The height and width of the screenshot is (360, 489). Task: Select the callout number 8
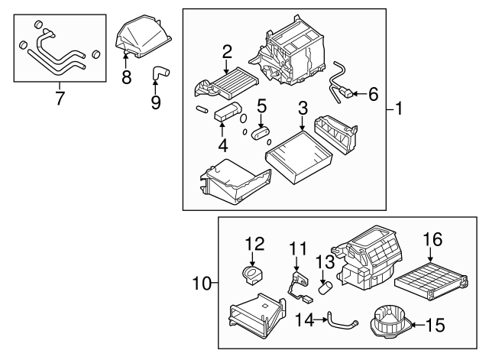point(126,76)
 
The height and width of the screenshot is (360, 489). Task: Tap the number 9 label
point(156,102)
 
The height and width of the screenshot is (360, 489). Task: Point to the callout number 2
point(227,53)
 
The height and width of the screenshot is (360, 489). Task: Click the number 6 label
point(373,95)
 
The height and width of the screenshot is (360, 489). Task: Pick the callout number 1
point(399,110)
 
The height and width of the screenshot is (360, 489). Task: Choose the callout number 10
point(201,284)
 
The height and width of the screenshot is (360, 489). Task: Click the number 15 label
point(434,326)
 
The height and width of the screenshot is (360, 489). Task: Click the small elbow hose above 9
point(160,73)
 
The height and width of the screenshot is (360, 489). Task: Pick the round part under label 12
point(253,273)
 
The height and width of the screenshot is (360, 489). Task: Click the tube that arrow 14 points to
point(339,319)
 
